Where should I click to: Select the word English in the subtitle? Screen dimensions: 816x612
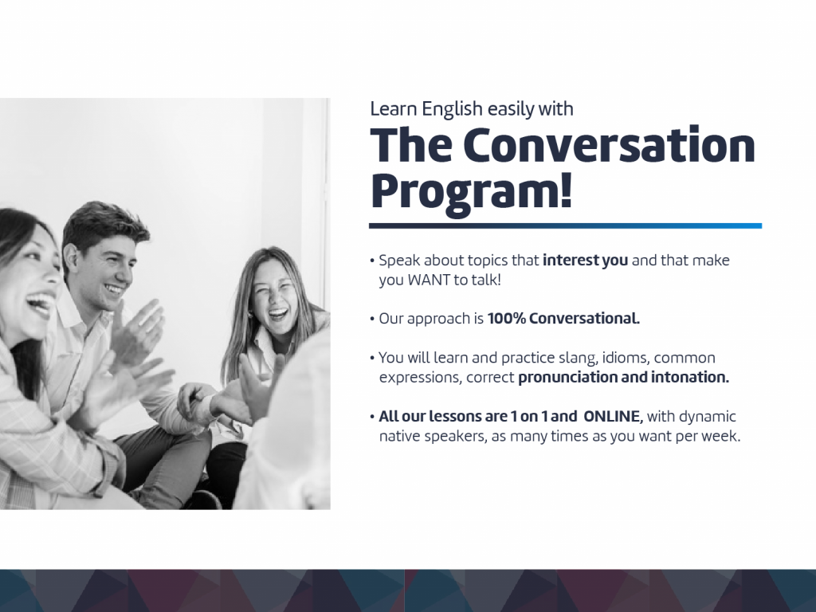(453, 109)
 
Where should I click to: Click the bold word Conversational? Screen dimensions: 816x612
(584, 319)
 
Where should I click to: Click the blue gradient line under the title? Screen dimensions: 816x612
(565, 226)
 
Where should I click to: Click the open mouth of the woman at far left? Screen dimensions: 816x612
(41, 304)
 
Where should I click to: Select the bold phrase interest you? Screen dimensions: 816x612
(585, 261)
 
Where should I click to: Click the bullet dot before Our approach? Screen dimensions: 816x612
(372, 319)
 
